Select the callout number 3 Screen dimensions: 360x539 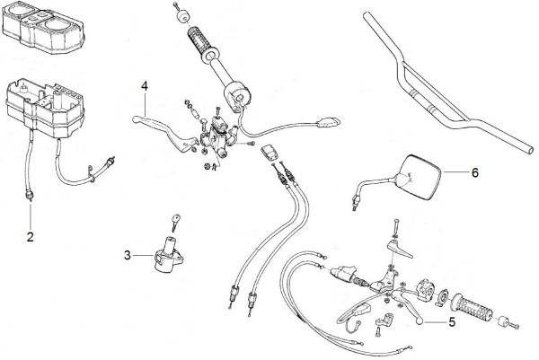[128, 256]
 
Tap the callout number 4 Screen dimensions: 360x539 [144, 86]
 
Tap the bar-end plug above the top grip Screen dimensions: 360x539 [181, 13]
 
